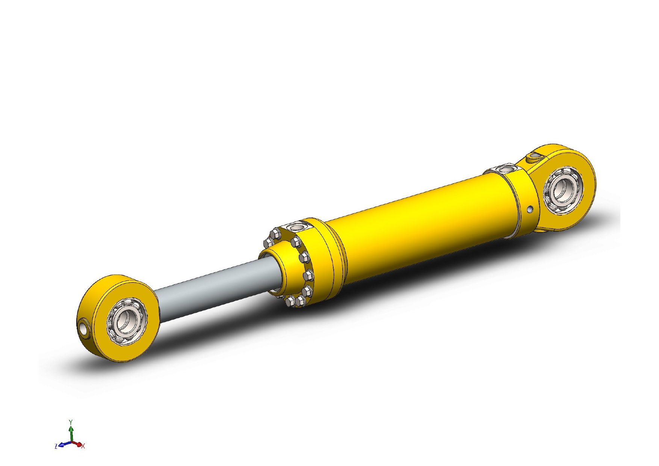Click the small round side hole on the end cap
[x=530, y=209]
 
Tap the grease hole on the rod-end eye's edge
[x=83, y=328]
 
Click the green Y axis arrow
[x=71, y=432]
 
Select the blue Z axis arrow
[x=63, y=444]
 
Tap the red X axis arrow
[x=78, y=444]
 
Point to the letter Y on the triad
[x=71, y=422]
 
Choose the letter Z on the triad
[x=56, y=446]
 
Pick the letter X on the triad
[x=83, y=446]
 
